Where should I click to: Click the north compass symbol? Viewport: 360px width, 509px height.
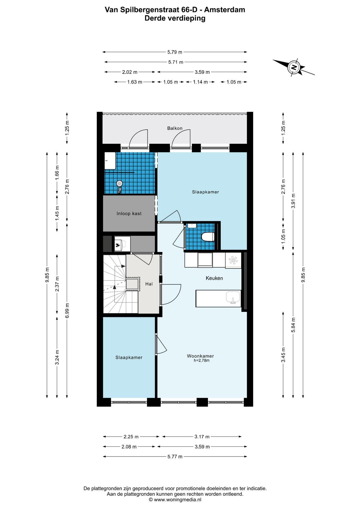(x=294, y=67)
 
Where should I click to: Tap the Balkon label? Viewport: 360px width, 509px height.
(x=175, y=128)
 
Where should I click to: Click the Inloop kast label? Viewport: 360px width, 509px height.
(x=129, y=213)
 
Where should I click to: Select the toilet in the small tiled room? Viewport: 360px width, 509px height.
(x=208, y=237)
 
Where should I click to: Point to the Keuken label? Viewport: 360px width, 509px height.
(x=214, y=278)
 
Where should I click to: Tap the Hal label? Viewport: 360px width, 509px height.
(x=149, y=284)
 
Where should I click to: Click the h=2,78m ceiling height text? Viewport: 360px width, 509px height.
(x=201, y=361)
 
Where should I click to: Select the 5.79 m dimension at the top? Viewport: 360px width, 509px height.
(x=175, y=52)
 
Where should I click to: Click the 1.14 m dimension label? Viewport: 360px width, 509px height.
(x=200, y=82)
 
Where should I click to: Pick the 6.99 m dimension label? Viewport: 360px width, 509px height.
(x=67, y=310)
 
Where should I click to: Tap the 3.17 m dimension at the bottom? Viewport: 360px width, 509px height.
(x=202, y=437)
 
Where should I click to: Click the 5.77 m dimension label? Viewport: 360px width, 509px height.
(x=175, y=457)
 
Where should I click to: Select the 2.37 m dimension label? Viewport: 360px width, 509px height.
(x=57, y=284)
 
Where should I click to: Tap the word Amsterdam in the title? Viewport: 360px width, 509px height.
(x=225, y=10)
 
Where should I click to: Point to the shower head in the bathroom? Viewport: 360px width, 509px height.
(x=119, y=183)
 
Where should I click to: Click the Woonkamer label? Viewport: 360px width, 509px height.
(x=200, y=356)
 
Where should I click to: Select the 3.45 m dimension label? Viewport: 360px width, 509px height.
(x=283, y=355)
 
